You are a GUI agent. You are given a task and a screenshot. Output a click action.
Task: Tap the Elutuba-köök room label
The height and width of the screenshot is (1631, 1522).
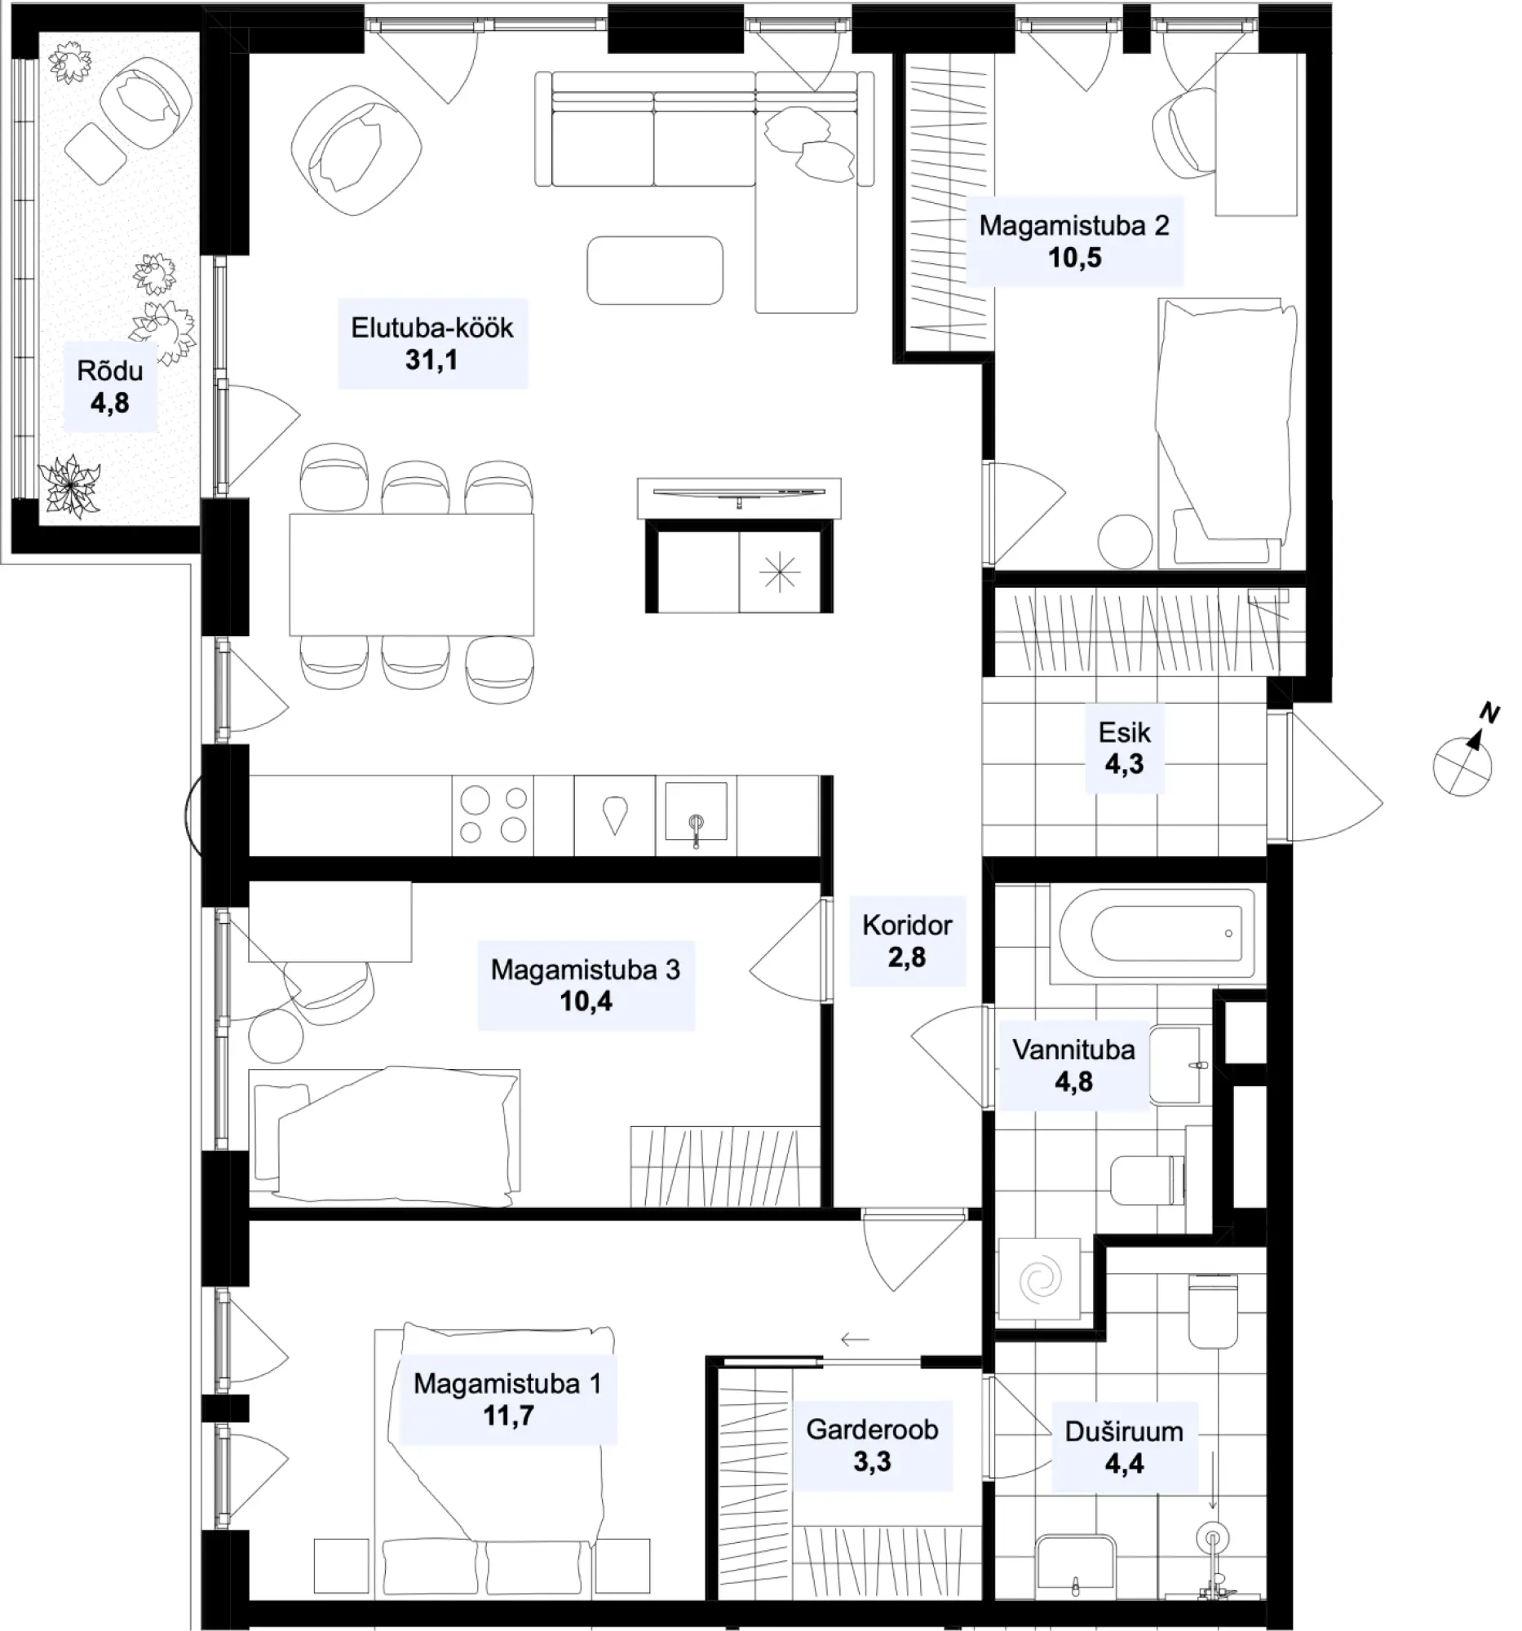pos(431,328)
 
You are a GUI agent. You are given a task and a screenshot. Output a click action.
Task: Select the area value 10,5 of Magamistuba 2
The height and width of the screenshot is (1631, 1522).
pos(1074,258)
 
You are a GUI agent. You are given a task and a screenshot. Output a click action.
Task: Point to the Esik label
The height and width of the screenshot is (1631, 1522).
pos(1124,732)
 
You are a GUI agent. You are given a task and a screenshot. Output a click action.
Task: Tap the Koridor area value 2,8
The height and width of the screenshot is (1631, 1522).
pos(907,957)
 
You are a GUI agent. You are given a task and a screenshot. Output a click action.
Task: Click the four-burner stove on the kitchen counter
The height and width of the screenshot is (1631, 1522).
pos(493,815)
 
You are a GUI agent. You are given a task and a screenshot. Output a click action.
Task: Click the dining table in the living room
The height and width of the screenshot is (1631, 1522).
pos(411,574)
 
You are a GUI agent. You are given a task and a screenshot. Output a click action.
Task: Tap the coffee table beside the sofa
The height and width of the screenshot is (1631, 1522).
pos(655,270)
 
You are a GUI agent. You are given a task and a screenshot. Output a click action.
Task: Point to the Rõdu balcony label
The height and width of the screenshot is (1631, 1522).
pos(110,371)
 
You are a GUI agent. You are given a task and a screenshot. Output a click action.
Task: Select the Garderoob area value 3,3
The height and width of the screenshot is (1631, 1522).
pos(871,1461)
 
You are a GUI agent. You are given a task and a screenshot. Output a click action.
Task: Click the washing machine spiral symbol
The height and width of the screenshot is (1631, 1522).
pos(1040,1279)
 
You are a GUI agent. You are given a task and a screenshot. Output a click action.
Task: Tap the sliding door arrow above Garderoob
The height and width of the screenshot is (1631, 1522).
pos(854,1341)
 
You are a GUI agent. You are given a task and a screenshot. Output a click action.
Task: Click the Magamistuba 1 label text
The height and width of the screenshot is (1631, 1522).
pos(507,1384)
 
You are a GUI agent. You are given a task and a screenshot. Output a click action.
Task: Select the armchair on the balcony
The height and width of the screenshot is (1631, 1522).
pos(146,103)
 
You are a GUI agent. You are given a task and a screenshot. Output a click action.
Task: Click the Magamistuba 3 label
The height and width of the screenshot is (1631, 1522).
pos(585,970)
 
